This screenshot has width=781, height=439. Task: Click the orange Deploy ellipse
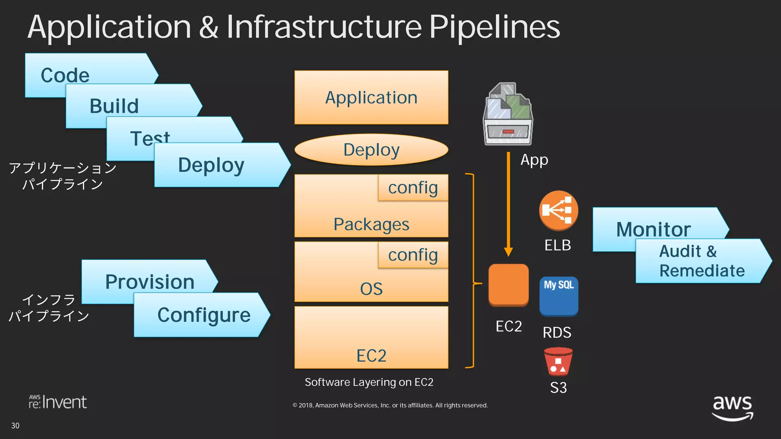(x=371, y=149)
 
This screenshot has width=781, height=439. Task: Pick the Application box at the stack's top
(x=371, y=97)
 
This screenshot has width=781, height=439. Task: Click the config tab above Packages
(x=413, y=187)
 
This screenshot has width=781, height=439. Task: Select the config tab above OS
(x=413, y=255)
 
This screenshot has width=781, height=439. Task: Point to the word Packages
(x=371, y=224)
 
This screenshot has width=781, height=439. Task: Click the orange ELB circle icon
(x=558, y=210)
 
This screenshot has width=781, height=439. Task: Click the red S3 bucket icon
(x=558, y=362)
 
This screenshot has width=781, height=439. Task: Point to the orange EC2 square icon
(x=508, y=285)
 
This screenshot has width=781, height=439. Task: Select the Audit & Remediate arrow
(x=702, y=261)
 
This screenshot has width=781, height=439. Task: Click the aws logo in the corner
(x=733, y=407)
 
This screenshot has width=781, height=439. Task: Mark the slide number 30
(x=15, y=426)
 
